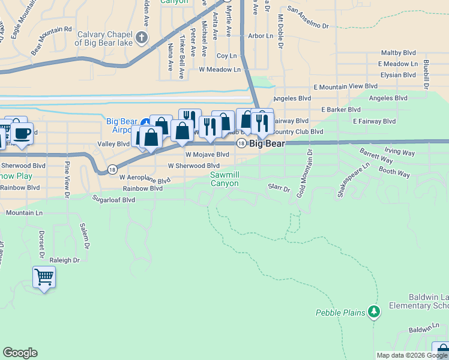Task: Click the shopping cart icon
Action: pos(44,277)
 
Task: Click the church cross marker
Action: pos(141,39)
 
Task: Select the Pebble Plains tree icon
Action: pos(375,311)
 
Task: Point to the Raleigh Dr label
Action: pos(65,260)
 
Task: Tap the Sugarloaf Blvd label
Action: pos(113,199)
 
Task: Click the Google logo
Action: pos(20,353)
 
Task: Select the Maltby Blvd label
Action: pos(399,53)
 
